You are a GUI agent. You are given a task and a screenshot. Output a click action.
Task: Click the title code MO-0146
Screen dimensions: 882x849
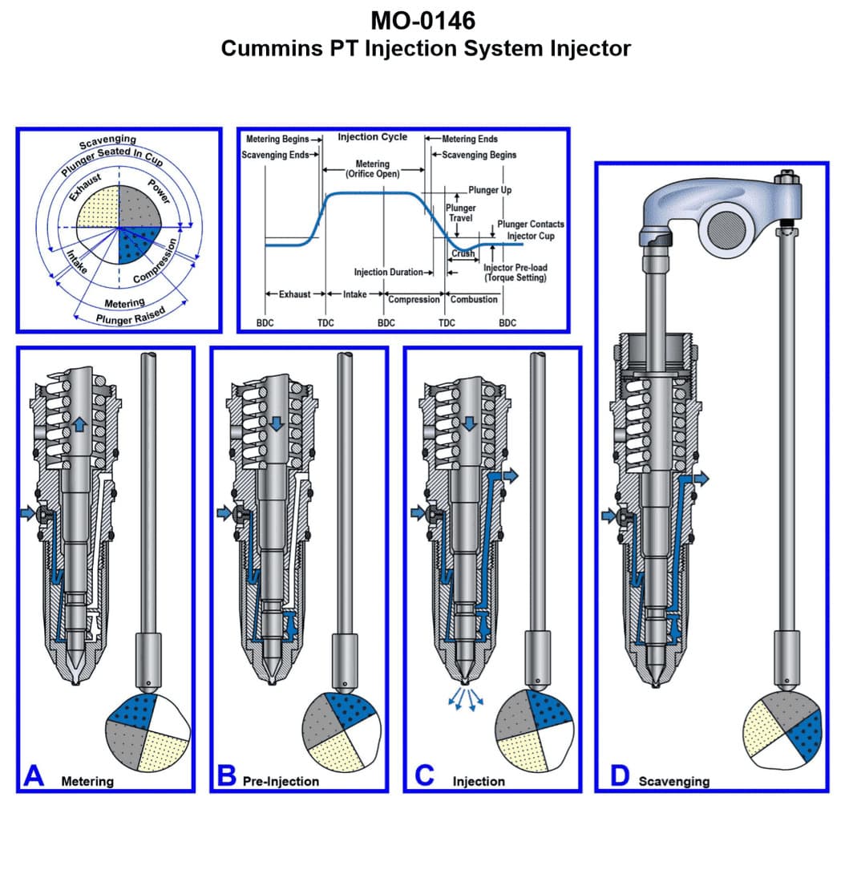(425, 18)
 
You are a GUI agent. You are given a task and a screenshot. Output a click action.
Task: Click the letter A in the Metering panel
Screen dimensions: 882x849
(34, 775)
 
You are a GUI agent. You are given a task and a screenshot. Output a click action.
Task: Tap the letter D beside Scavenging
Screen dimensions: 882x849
(618, 775)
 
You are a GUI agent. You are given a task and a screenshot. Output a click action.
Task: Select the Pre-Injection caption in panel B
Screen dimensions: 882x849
(281, 781)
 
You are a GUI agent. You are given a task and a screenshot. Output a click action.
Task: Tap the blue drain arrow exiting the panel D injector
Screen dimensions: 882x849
(701, 479)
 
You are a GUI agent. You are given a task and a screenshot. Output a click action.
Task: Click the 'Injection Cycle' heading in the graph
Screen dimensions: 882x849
(372, 137)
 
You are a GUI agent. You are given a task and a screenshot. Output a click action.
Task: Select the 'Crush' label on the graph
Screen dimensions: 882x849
(463, 253)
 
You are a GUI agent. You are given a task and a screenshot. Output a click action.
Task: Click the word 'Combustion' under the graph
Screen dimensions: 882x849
(474, 299)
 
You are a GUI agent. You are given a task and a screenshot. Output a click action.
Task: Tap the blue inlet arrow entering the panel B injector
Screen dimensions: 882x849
(223, 512)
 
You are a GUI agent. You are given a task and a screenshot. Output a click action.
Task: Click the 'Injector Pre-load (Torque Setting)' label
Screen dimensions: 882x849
(515, 272)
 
